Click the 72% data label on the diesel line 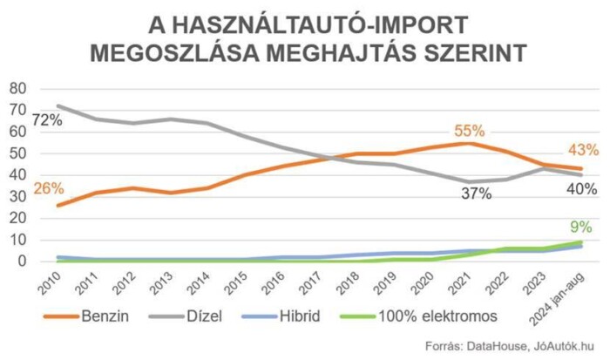pos(47,120)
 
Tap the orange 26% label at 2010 pos(49,188)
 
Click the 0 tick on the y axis pos(22,262)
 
